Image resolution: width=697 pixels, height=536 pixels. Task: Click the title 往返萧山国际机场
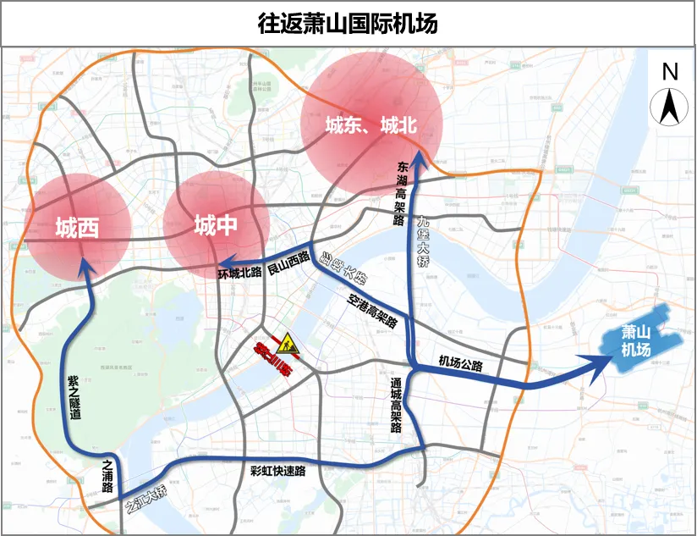[x=348, y=24]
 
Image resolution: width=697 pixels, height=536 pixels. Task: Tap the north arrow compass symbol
[x=669, y=107]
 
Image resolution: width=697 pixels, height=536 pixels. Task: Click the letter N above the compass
[x=670, y=72]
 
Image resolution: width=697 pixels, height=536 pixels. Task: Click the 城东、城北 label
[x=371, y=126]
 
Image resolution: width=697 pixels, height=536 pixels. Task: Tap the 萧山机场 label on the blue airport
[x=636, y=341]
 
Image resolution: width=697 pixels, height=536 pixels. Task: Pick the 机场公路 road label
[x=461, y=363]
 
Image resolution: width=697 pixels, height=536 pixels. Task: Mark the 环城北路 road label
[x=240, y=274]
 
